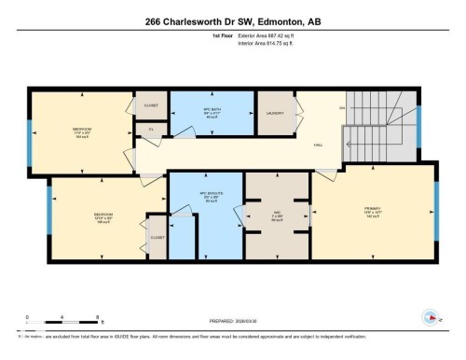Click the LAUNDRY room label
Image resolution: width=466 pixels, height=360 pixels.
275,113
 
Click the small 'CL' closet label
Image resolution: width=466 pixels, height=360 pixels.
151,130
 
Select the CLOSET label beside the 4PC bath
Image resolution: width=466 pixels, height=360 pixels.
151,105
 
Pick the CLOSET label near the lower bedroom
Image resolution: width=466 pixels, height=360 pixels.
158,237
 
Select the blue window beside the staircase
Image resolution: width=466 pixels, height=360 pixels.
418,127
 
